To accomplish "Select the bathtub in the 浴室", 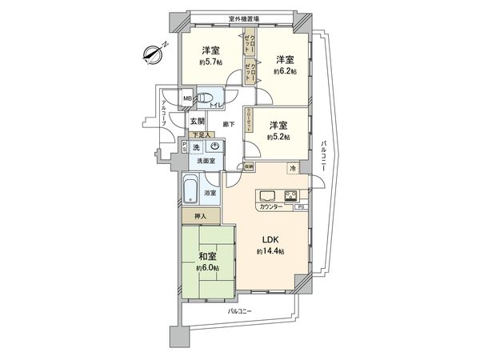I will click(190, 191).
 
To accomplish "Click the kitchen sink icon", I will click(267, 196).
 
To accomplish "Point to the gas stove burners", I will click(290, 196).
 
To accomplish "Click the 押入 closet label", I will click(200, 215).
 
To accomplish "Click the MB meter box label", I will click(187, 98).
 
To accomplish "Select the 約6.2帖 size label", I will click(286, 70).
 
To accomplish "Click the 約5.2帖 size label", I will click(278, 137).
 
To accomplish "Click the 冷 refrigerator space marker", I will click(293, 169).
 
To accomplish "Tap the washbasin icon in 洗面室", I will click(214, 147).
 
